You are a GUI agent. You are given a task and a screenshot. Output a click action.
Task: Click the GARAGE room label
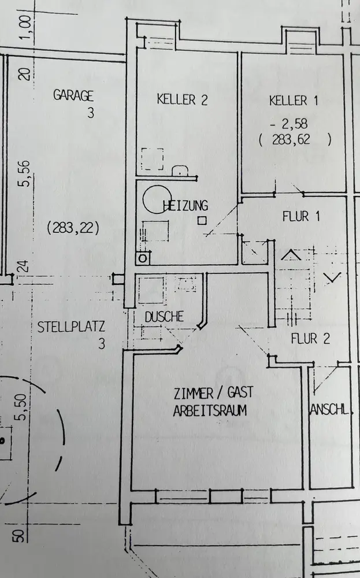pyautogui.click(x=73, y=95)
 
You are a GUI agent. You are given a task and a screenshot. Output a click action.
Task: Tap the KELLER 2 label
pyautogui.click(x=182, y=99)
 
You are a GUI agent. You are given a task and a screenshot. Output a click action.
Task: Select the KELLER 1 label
pyautogui.click(x=294, y=101)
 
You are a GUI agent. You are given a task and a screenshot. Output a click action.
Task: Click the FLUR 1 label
pyautogui.click(x=301, y=217)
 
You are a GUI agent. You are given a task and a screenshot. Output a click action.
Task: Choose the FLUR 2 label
pyautogui.click(x=310, y=339)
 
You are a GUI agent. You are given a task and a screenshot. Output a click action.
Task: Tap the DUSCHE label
pyautogui.click(x=164, y=317)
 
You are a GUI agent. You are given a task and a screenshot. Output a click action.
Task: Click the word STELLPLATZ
pyautogui.click(x=71, y=327)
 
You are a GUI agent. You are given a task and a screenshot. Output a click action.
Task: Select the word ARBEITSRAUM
pyautogui.click(x=210, y=411)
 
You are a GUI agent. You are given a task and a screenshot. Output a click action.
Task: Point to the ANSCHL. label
pyautogui.click(x=332, y=410)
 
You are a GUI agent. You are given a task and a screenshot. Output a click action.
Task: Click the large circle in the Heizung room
pyautogui.click(x=158, y=199)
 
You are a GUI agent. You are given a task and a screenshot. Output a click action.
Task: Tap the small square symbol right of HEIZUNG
pyautogui.click(x=202, y=220)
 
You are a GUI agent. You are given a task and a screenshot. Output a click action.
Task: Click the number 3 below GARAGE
pyautogui.click(x=90, y=113)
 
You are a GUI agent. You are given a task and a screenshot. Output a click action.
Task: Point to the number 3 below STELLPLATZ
pyautogui.click(x=102, y=344)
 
